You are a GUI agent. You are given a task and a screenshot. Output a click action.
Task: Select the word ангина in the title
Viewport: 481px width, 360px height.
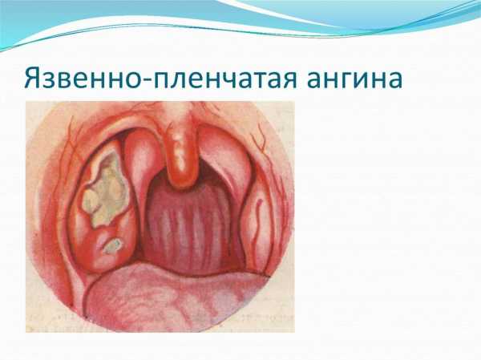[354, 79]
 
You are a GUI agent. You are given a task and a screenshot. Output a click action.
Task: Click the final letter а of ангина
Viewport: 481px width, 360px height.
[394, 80]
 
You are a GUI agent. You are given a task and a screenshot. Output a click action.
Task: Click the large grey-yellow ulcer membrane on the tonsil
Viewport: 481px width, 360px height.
[105, 188]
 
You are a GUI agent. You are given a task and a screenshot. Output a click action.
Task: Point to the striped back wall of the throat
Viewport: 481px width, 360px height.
[191, 227]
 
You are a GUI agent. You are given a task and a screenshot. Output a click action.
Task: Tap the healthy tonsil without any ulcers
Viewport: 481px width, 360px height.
[257, 224]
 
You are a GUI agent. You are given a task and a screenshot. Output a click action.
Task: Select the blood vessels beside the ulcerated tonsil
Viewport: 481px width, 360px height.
[70, 148]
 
